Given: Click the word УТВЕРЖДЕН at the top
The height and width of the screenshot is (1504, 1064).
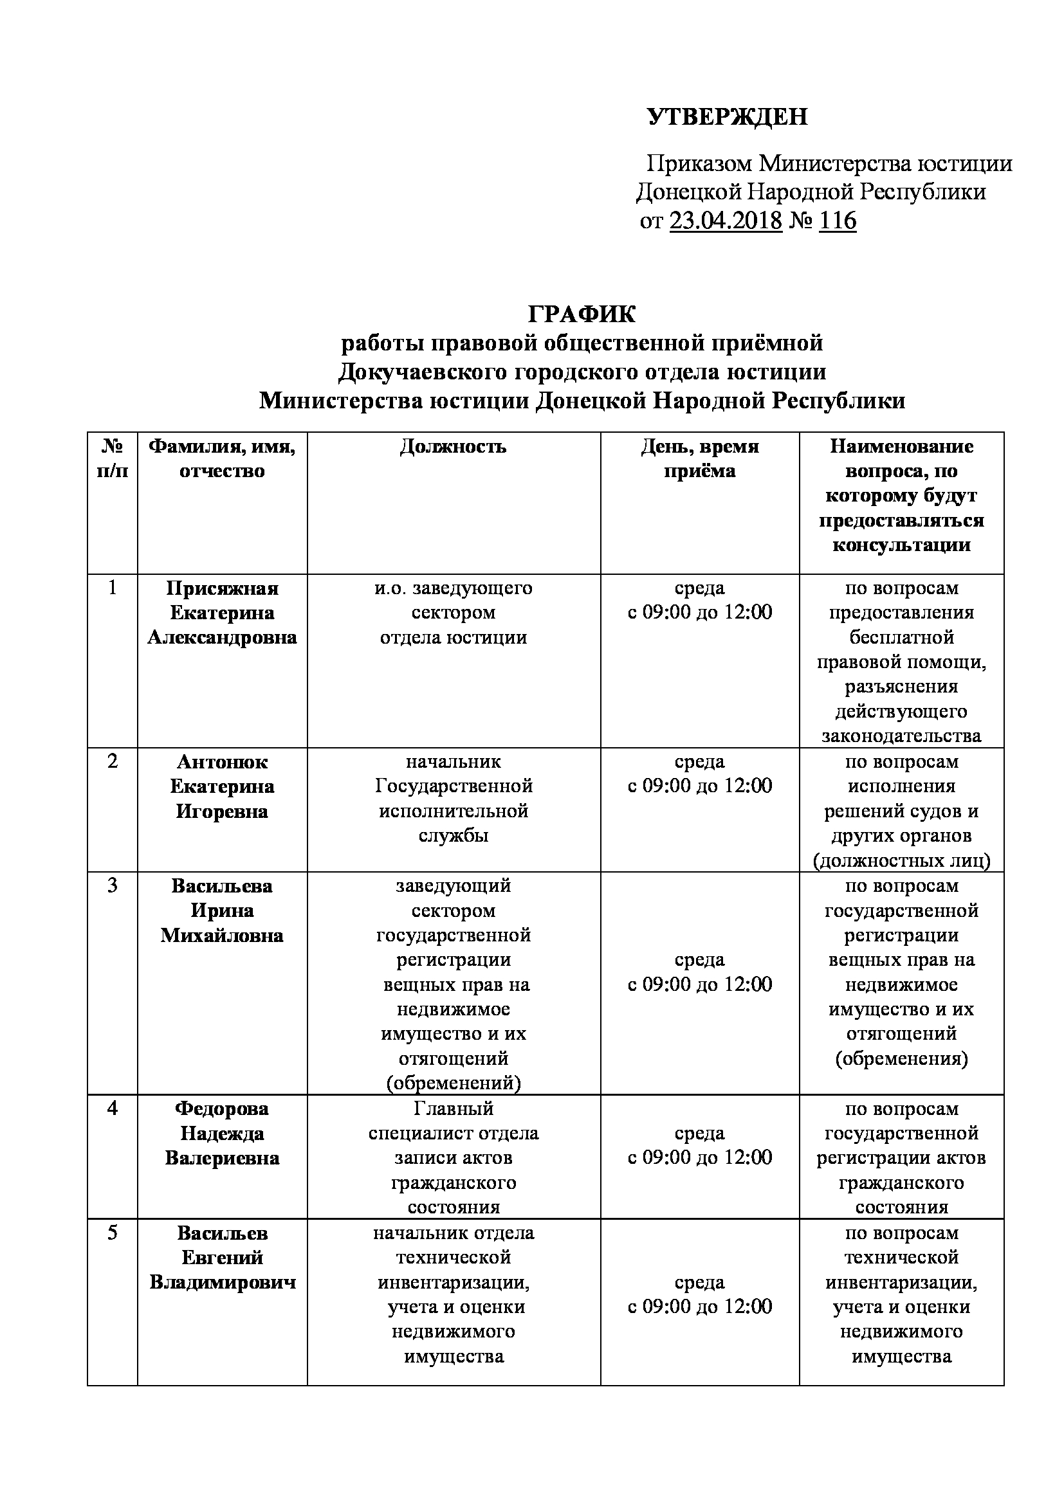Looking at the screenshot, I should click(x=728, y=116).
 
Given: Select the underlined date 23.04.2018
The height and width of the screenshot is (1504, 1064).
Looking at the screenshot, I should click(x=726, y=221).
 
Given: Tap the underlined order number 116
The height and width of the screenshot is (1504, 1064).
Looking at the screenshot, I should click(x=838, y=221).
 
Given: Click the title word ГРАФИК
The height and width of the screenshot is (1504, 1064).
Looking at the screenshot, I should click(x=582, y=314).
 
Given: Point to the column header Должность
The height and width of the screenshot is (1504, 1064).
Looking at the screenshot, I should click(x=454, y=447).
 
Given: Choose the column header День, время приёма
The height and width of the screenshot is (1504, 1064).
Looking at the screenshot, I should click(x=700, y=458).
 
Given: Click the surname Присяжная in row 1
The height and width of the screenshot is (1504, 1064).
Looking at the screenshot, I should click(x=222, y=588).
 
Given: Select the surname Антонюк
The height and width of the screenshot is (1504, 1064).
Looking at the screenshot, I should click(x=222, y=762).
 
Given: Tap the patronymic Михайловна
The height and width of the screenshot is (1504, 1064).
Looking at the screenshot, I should click(x=222, y=936).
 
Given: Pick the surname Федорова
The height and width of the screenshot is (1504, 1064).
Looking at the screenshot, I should click(x=222, y=1109).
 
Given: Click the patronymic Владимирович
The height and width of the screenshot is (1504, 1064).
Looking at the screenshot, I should click(x=222, y=1282).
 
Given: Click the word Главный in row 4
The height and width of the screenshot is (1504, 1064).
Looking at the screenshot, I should click(x=454, y=1109).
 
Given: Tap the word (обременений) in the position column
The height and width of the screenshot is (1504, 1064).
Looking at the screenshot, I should click(x=454, y=1083).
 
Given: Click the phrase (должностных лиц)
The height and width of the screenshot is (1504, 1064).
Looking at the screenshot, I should click(x=901, y=861).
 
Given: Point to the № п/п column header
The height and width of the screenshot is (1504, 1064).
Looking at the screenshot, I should click(x=113, y=458).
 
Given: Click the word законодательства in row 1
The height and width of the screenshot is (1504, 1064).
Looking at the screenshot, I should click(x=901, y=736).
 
